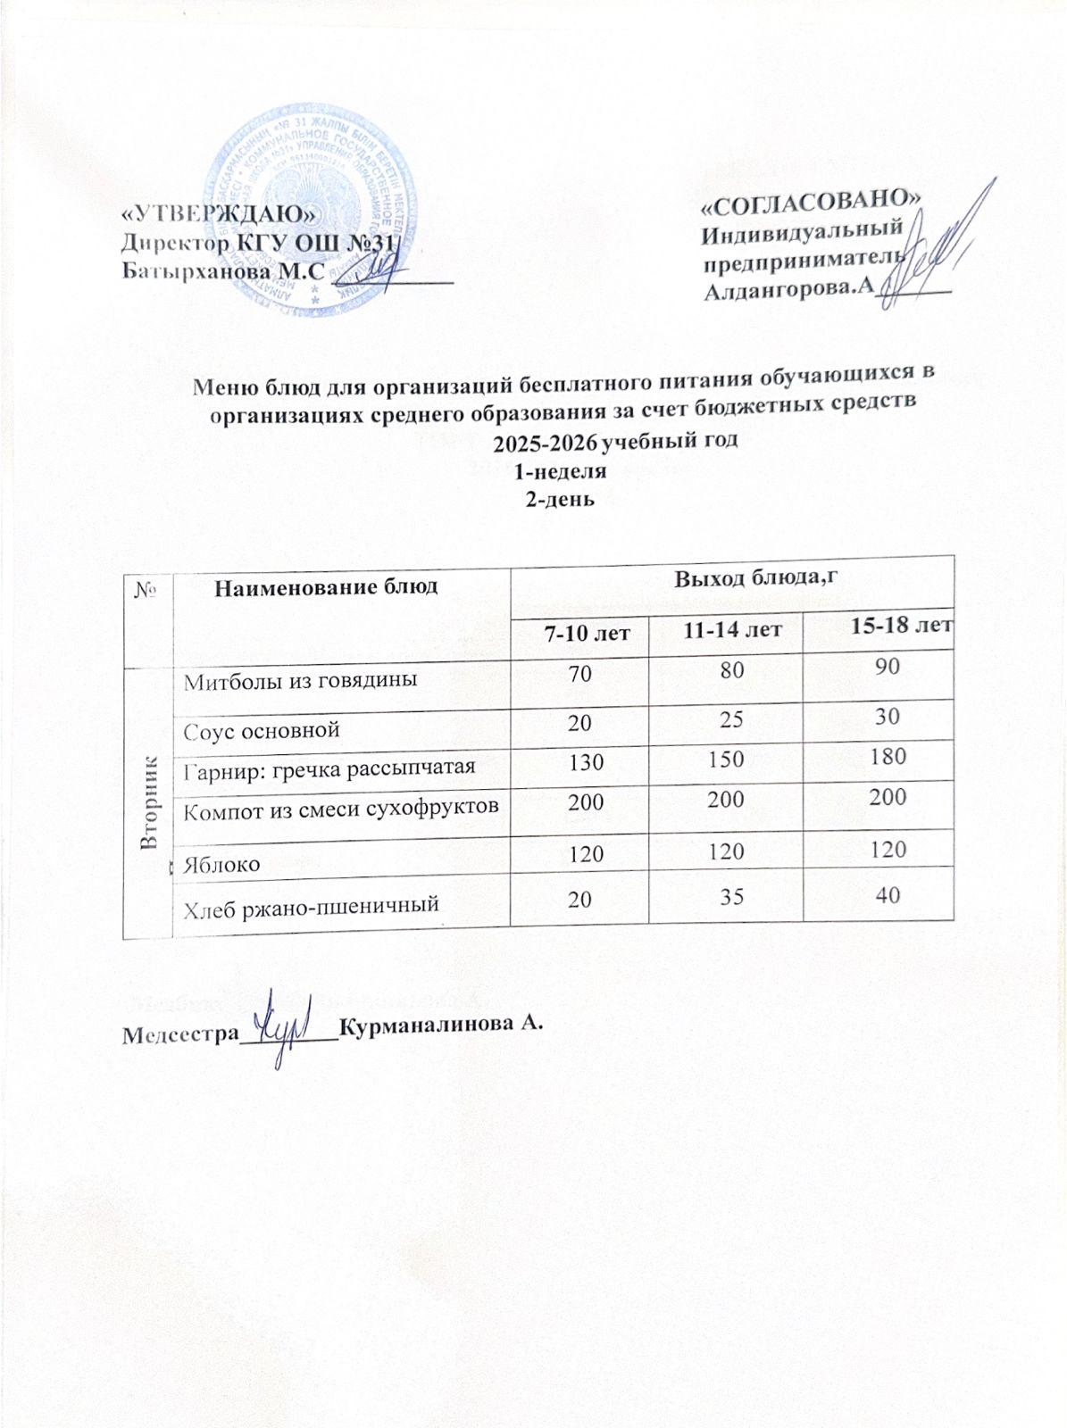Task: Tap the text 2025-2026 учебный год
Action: tap(616, 441)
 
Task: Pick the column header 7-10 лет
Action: tap(588, 633)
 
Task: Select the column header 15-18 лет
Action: tap(900, 626)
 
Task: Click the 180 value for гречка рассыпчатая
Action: tap(887, 757)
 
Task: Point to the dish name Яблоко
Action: tap(221, 864)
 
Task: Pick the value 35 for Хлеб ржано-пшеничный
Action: tap(731, 896)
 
